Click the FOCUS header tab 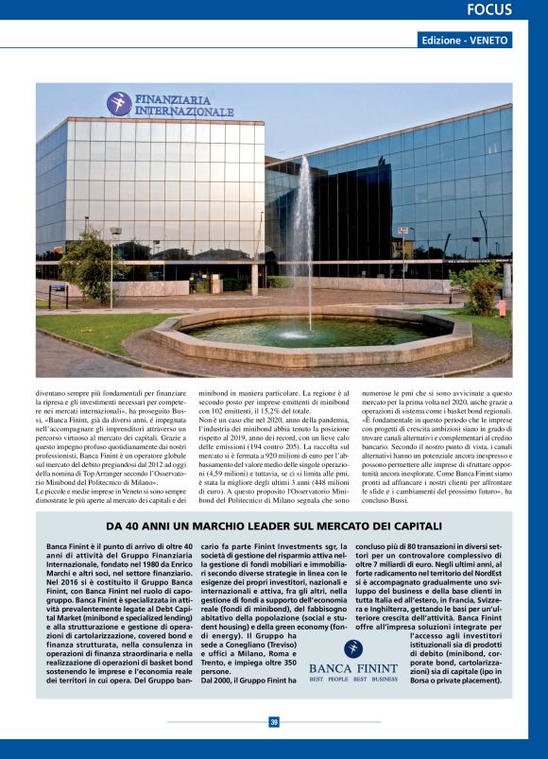click(488, 10)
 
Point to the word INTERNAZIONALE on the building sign click(184, 112)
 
